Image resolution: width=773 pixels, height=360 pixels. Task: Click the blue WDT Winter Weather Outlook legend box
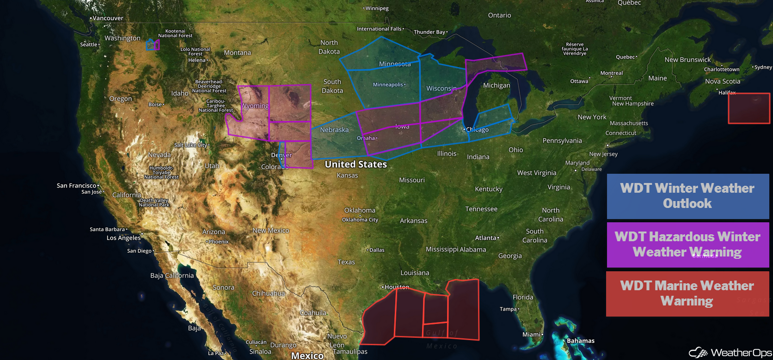coord(687,196)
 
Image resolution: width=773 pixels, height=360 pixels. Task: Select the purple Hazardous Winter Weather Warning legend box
coord(687,244)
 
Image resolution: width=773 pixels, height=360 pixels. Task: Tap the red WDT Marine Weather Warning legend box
coord(687,293)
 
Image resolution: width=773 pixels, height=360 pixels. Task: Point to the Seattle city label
coord(89,45)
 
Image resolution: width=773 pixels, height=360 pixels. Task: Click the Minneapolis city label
coord(388,85)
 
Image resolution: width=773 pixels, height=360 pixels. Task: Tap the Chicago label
coord(477,130)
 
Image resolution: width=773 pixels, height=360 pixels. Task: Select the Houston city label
coord(396,287)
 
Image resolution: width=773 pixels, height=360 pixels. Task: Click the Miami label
coord(531,335)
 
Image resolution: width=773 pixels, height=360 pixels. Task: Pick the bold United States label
coord(356,164)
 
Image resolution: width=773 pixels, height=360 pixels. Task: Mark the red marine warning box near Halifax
coord(748,108)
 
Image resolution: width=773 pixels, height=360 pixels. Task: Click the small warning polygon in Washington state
coord(153,45)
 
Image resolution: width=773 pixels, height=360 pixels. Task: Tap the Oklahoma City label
coord(360,220)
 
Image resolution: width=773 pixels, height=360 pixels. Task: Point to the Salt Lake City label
coord(190,145)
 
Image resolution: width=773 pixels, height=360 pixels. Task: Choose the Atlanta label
coord(485,238)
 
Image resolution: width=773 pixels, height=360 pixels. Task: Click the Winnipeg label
coord(377,8)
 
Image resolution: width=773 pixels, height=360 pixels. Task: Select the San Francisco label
coord(76,186)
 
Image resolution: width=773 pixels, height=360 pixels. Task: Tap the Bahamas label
coord(580,341)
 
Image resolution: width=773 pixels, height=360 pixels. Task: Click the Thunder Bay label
coord(429,32)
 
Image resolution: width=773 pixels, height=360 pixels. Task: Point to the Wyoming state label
coord(255,106)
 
